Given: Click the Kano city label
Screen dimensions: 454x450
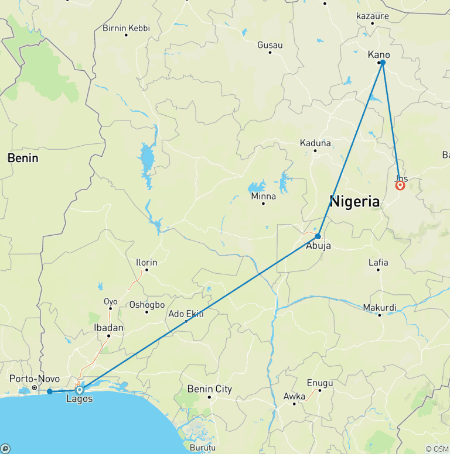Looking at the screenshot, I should pyautogui.click(x=379, y=54).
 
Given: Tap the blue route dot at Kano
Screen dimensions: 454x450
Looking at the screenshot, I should pyautogui.click(x=383, y=62).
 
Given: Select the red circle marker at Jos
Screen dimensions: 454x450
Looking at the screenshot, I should pyautogui.click(x=400, y=185).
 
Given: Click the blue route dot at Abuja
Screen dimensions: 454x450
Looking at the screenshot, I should pyautogui.click(x=318, y=236).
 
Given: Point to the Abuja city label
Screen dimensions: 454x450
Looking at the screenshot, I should pyautogui.click(x=319, y=246).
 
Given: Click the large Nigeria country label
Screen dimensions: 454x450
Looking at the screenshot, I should pyautogui.click(x=354, y=202).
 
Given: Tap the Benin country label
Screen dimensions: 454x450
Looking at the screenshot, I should pyautogui.click(x=23, y=158).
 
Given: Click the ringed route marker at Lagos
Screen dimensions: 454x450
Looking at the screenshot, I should pyautogui.click(x=80, y=390).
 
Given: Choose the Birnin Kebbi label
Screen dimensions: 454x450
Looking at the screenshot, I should pyautogui.click(x=126, y=27).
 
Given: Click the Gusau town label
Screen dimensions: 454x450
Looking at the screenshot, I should pyautogui.click(x=270, y=45).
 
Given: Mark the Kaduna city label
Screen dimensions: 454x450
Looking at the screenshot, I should pyautogui.click(x=315, y=143).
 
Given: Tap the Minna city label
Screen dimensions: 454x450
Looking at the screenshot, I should pyautogui.click(x=263, y=196).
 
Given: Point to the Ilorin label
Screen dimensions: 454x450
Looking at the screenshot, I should pyautogui.click(x=146, y=263).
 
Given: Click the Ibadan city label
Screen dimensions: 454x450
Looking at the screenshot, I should pyautogui.click(x=108, y=328).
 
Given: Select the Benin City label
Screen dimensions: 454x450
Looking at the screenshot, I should pyautogui.click(x=209, y=389).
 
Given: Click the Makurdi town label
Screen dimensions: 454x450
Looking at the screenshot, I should pyautogui.click(x=380, y=308).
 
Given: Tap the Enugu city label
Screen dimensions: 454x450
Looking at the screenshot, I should pyautogui.click(x=320, y=383).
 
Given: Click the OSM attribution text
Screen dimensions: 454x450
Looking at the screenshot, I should pyautogui.click(x=437, y=449).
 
